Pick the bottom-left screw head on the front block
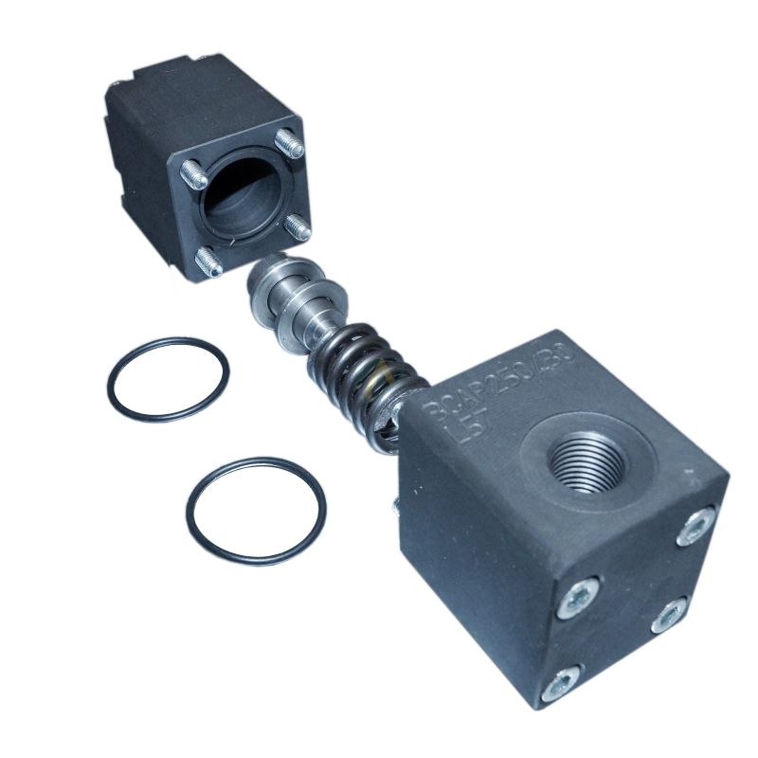pyautogui.click(x=560, y=679)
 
